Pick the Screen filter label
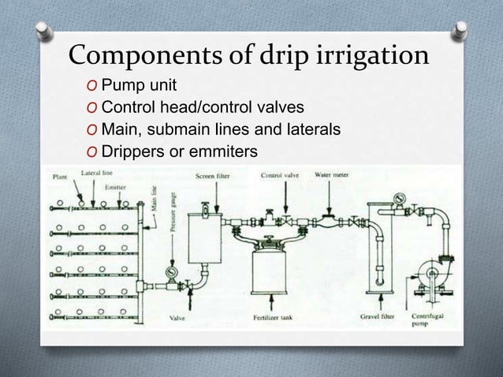click(213, 176)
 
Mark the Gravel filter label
click(376, 317)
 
